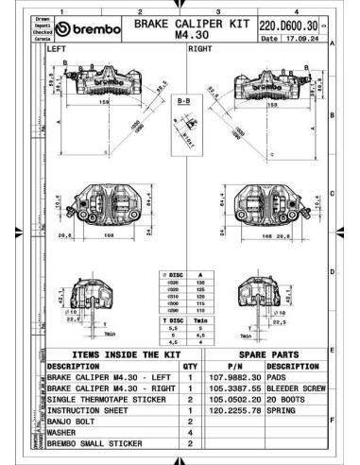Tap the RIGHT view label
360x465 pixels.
200,47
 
